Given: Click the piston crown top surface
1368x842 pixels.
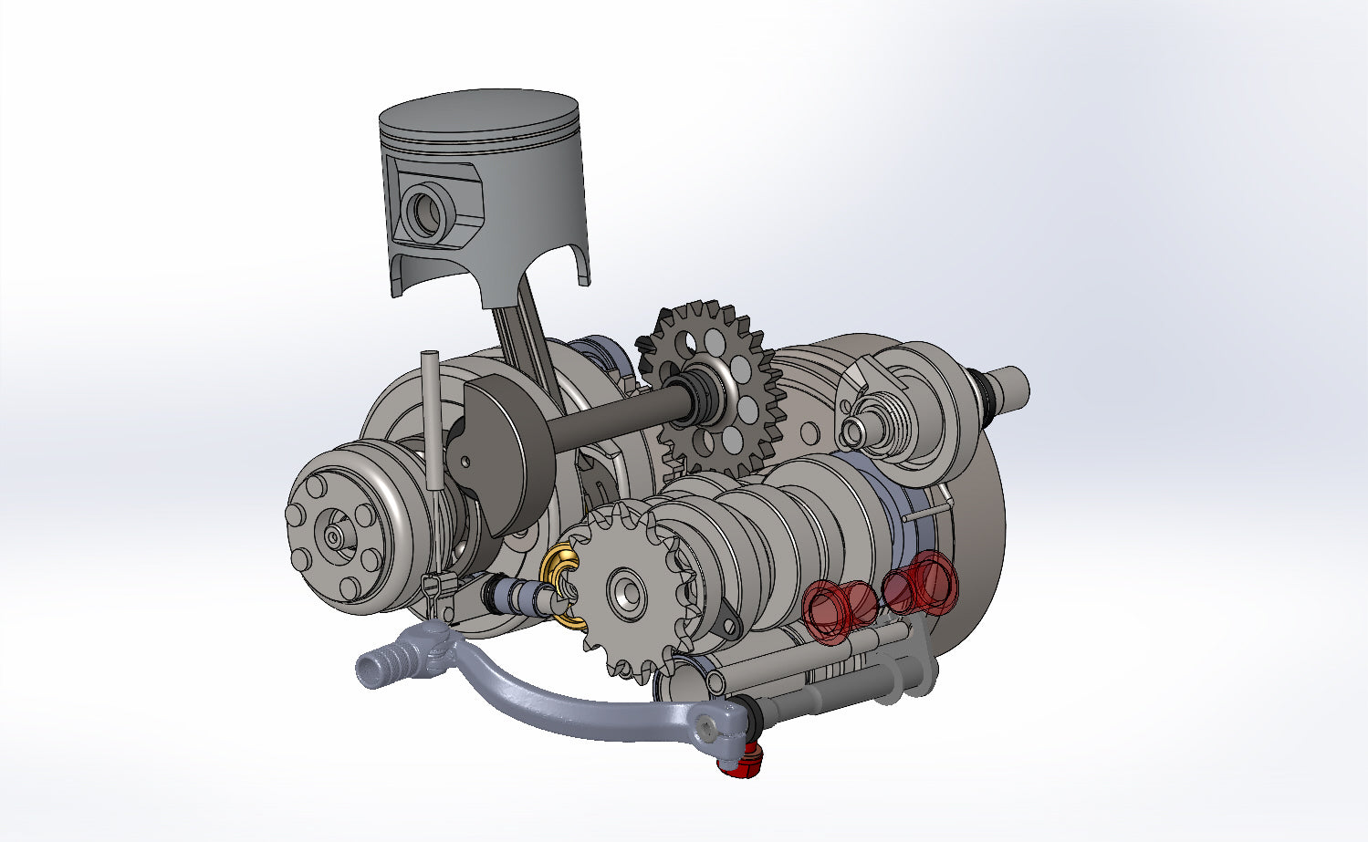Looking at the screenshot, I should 478,113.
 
